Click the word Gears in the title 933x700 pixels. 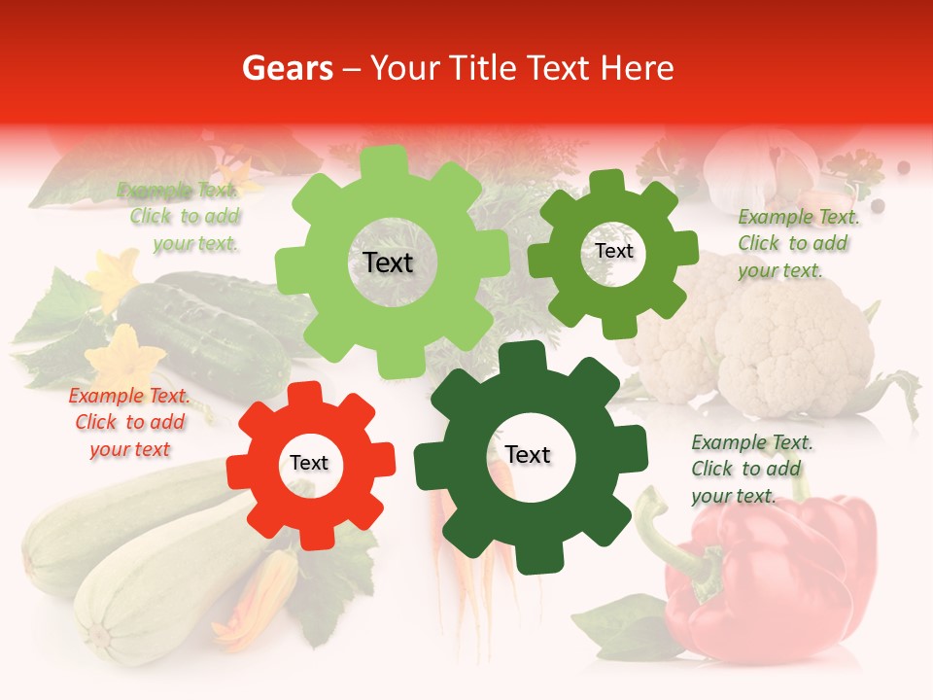[x=286, y=68]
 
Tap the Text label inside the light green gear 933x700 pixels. [x=388, y=262]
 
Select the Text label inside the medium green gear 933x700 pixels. [x=613, y=251]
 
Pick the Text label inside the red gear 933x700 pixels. [x=309, y=463]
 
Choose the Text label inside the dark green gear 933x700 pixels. [x=528, y=455]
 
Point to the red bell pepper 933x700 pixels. [x=777, y=574]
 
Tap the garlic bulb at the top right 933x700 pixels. [x=753, y=160]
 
